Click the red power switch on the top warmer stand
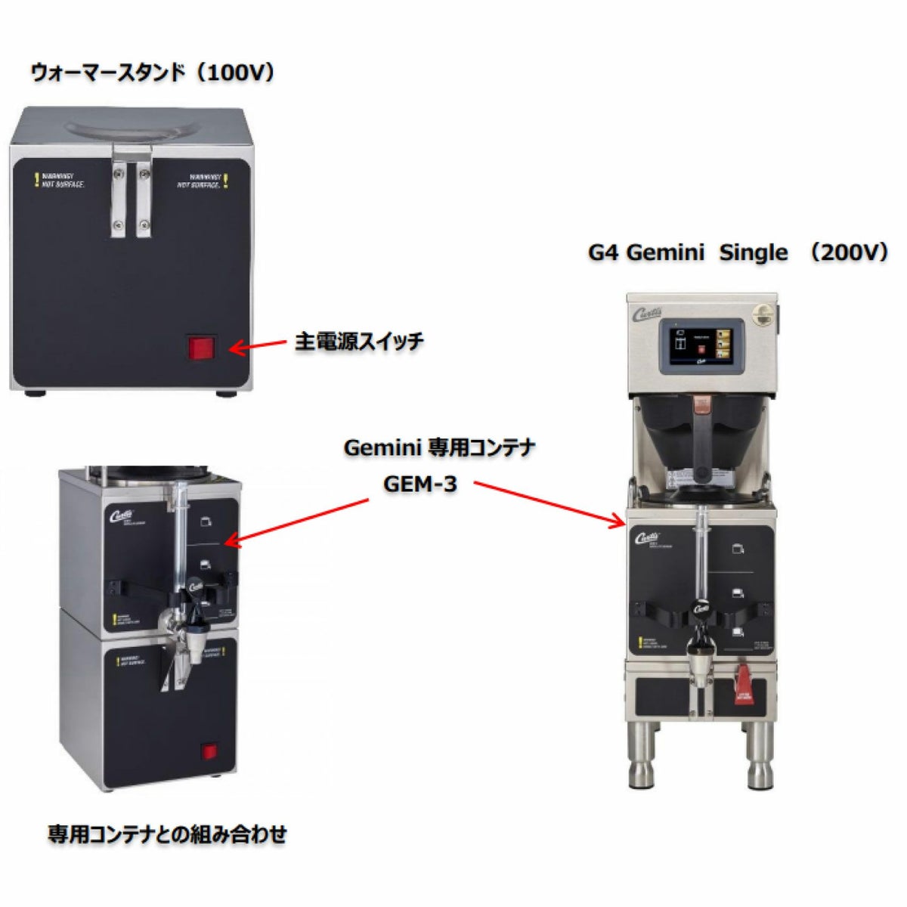tap(201, 348)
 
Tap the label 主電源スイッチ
tap(359, 342)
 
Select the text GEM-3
tap(420, 484)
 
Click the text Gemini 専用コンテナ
tap(439, 447)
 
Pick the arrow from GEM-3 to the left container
tap(298, 520)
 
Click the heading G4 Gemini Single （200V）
tap(738, 252)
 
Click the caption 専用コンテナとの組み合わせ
tap(168, 834)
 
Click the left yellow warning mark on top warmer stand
tap(36, 180)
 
